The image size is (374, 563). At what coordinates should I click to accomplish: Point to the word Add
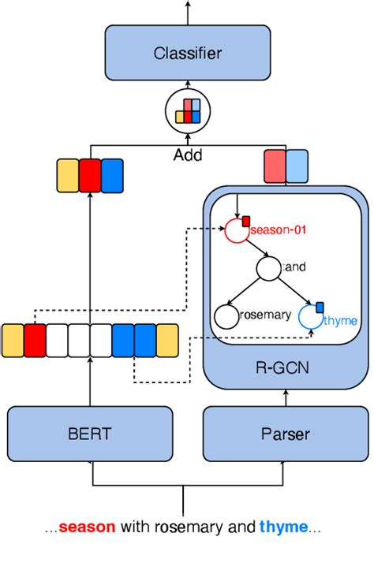point(187,155)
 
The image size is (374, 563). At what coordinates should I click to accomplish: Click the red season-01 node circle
point(236,230)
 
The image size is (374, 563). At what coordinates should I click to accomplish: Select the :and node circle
point(268,270)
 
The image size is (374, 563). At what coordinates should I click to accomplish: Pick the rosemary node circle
point(226,318)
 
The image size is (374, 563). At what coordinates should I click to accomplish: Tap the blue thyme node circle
point(311,319)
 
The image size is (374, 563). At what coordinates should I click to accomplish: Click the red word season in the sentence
point(87,527)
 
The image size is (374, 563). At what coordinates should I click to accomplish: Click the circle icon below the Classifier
point(187,110)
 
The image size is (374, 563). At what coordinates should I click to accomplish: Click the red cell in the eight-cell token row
point(35,341)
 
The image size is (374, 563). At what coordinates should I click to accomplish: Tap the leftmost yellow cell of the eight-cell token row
point(13,341)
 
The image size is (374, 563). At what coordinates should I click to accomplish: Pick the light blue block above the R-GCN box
point(297,167)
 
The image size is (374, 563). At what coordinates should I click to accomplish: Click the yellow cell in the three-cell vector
point(68,176)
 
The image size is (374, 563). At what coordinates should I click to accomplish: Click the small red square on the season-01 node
point(245,220)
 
